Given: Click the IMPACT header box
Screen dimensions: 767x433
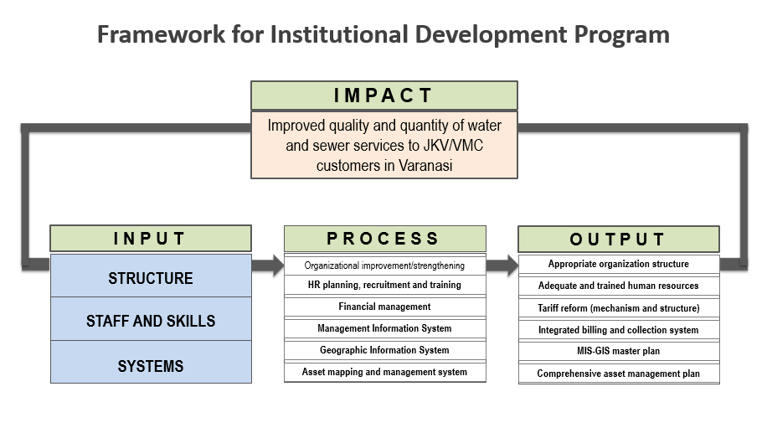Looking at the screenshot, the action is tap(384, 95).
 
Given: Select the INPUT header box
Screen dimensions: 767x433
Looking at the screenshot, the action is tap(151, 238).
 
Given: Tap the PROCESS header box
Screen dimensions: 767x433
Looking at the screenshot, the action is tap(385, 238).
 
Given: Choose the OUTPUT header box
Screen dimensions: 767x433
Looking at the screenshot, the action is tap(619, 239).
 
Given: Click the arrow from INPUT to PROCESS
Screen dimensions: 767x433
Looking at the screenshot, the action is tap(268, 265).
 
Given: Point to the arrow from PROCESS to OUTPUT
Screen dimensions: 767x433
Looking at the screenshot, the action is tap(502, 265).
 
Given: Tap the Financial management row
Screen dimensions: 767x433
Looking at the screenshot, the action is tap(385, 307).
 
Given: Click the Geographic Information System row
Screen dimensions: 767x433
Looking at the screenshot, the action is tap(385, 350).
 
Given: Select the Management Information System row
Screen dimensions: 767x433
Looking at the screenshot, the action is tap(385, 328).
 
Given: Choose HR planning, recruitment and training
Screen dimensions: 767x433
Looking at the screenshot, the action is tap(385, 285).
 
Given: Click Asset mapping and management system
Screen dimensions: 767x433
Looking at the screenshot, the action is tap(385, 372).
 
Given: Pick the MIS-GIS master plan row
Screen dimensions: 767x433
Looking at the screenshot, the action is tap(619, 351).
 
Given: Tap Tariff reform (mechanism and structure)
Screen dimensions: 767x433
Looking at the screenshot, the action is tap(619, 308).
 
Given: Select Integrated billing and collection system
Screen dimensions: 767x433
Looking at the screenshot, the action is tap(619, 330).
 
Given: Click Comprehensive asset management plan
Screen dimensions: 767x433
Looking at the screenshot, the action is tap(619, 374).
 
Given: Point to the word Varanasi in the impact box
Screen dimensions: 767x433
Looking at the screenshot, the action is tap(425, 165).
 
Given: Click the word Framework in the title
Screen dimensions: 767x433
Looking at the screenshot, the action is tap(162, 34).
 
